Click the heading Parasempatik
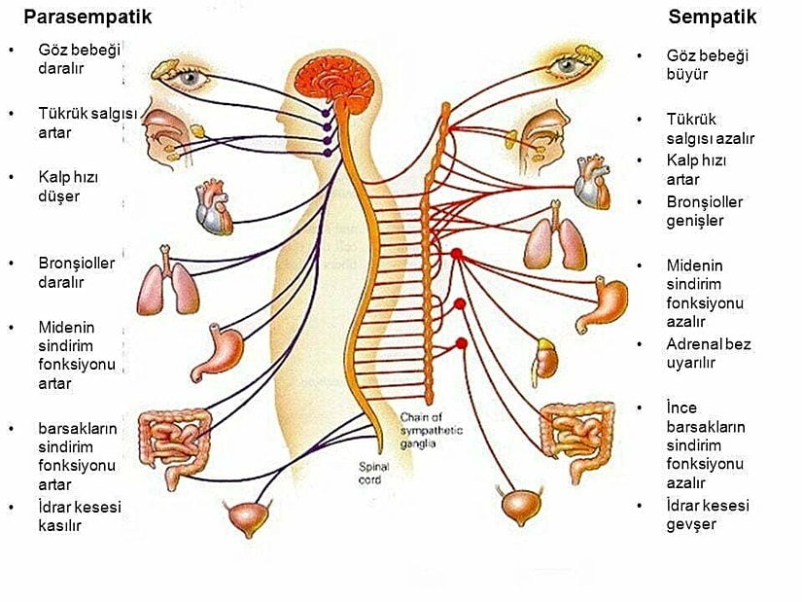point(87,18)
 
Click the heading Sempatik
point(712,18)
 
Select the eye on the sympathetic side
point(565,65)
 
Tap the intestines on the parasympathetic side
point(174,443)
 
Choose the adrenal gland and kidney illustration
point(546,357)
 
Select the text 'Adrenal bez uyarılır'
point(708,353)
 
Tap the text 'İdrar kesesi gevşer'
point(708,514)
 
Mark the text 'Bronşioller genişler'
point(704,211)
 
